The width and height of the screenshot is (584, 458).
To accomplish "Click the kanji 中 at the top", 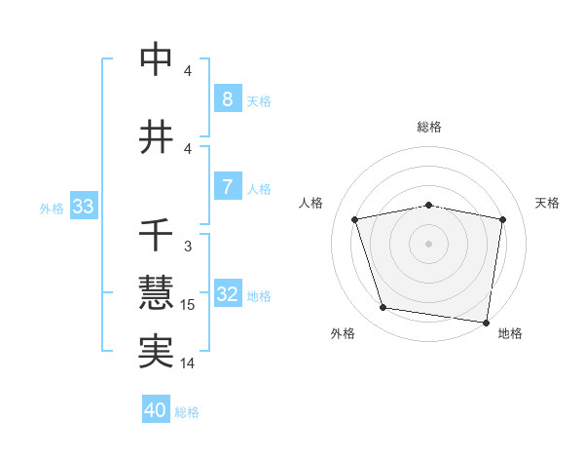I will (x=157, y=59).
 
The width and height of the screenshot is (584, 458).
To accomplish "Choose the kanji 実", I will (x=157, y=351).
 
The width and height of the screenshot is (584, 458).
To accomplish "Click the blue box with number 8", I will (x=227, y=99).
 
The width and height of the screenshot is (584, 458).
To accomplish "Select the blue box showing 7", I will (x=227, y=187).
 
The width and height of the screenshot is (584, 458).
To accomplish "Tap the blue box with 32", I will (x=227, y=294).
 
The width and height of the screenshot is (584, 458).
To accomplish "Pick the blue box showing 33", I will (x=83, y=207).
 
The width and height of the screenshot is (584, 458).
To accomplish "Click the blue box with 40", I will (x=156, y=410).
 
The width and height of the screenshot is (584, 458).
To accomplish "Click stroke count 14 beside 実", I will (x=188, y=363).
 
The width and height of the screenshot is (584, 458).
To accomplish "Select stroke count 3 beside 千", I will (x=188, y=248).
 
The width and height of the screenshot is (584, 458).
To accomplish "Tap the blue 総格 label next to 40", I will (x=187, y=412).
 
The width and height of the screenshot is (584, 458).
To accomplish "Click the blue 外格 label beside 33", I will (x=52, y=208).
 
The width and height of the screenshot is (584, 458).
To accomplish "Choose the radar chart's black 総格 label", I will (x=428, y=127).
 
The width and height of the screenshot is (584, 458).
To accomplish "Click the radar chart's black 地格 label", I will (x=510, y=334).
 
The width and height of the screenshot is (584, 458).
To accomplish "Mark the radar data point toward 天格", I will (x=502, y=219).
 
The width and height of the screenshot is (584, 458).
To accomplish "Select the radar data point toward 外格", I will (x=383, y=308).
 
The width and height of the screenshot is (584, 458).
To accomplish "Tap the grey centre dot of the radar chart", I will (x=428, y=244).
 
